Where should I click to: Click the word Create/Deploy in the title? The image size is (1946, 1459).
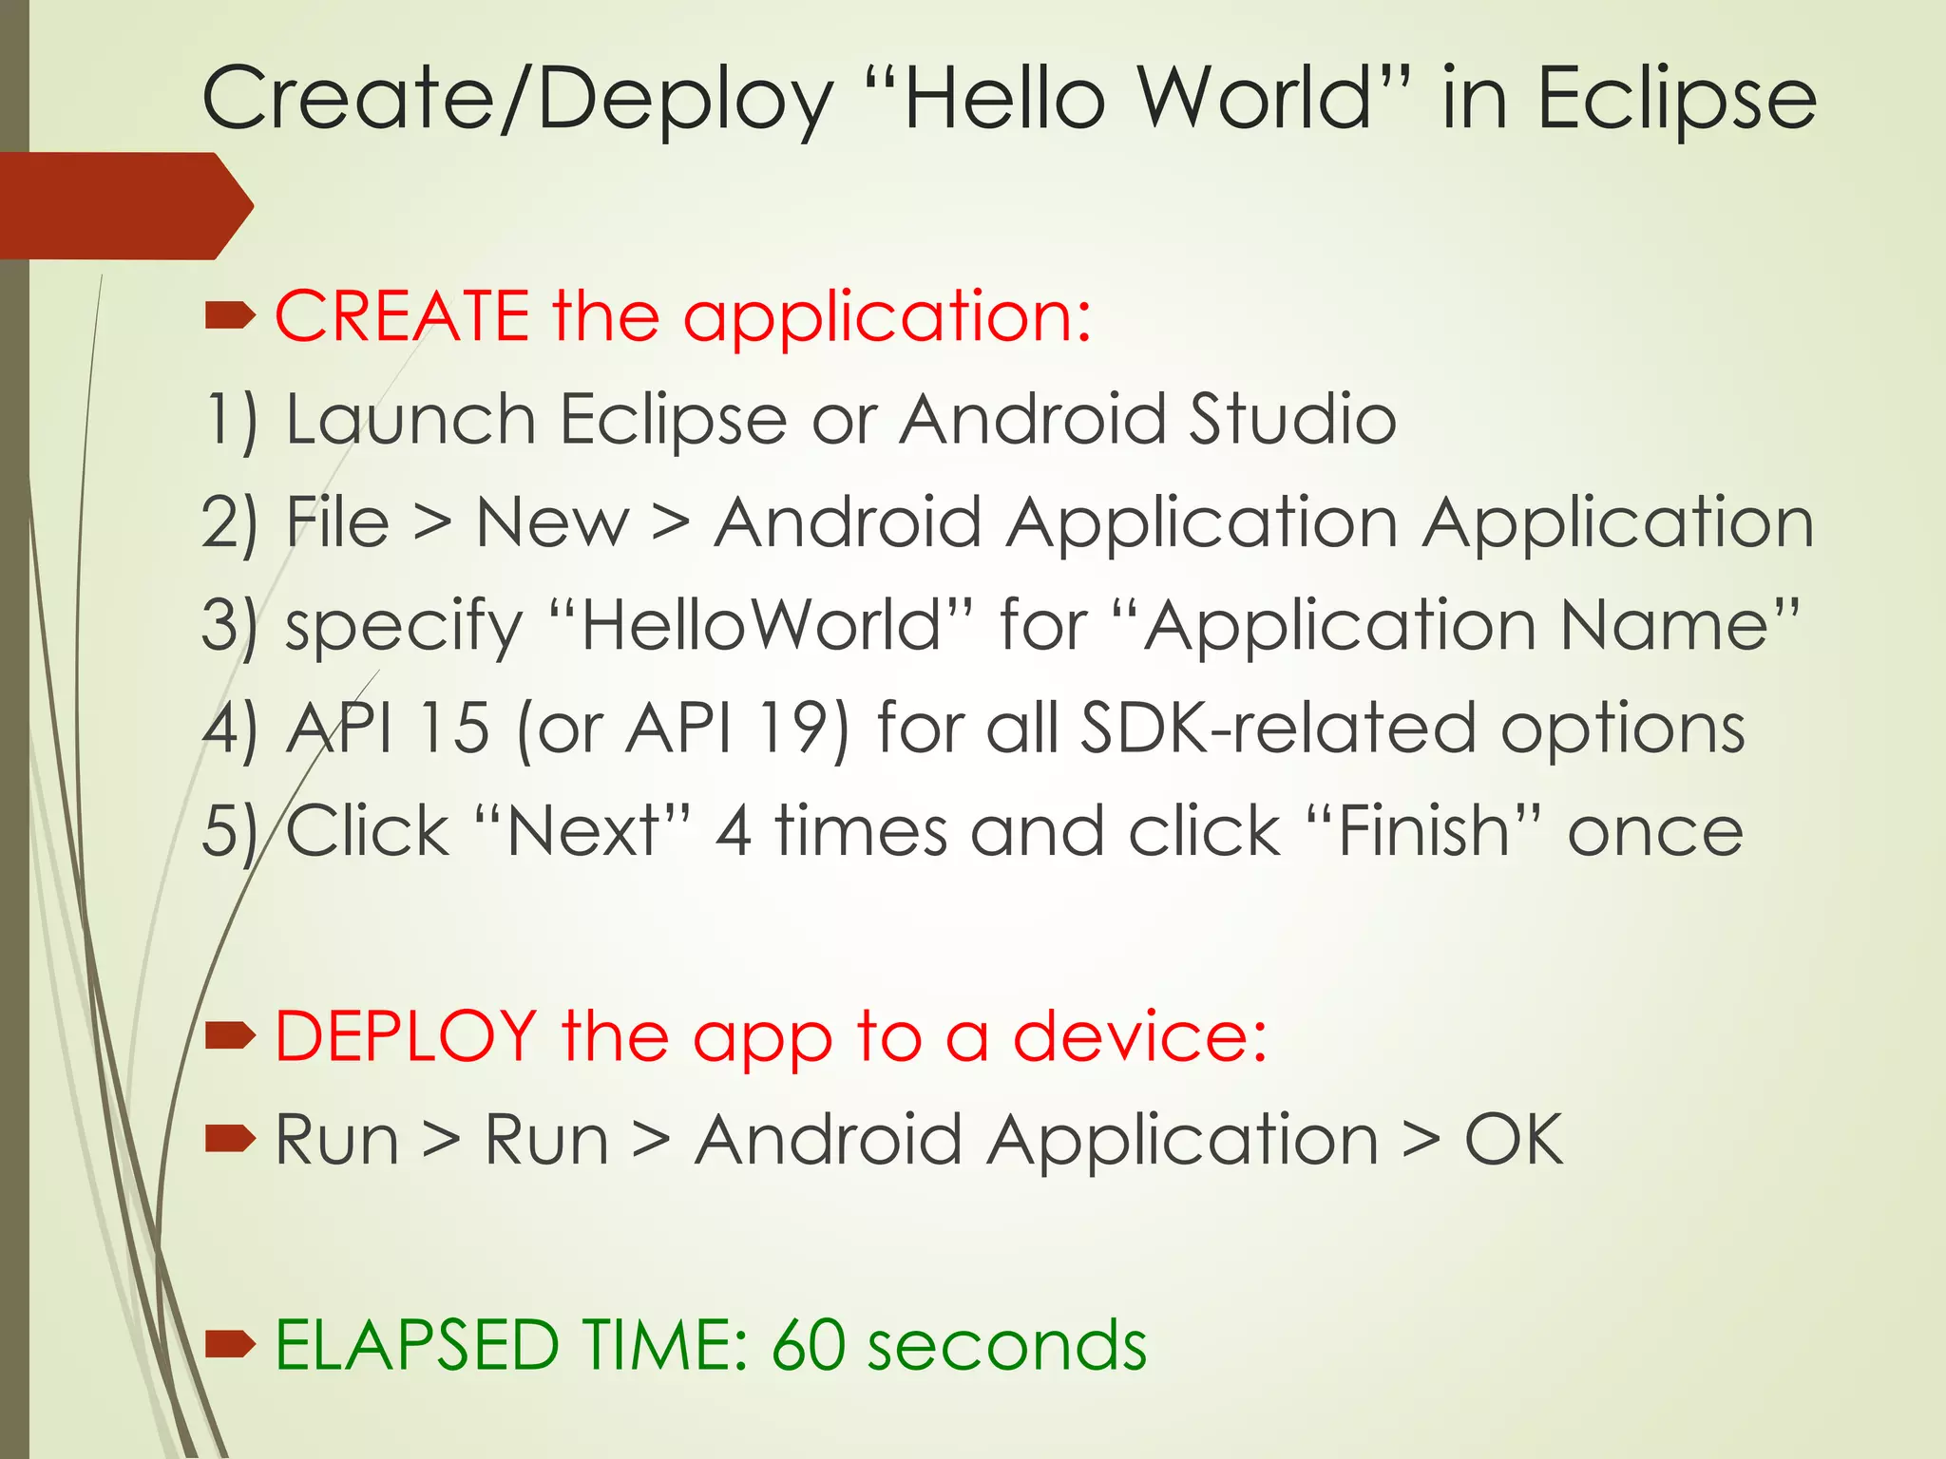(x=518, y=100)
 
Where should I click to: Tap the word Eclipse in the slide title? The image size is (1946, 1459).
(x=1676, y=100)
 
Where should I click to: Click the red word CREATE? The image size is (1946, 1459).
(x=402, y=315)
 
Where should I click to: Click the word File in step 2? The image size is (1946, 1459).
(x=338, y=522)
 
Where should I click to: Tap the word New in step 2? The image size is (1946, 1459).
(x=552, y=522)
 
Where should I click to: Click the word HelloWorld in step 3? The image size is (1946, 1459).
(x=760, y=625)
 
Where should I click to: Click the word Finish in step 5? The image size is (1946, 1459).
(x=1423, y=831)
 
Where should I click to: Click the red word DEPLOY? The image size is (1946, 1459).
(x=406, y=1035)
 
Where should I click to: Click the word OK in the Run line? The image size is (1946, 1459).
(x=1514, y=1139)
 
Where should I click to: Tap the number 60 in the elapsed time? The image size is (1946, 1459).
(x=808, y=1345)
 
